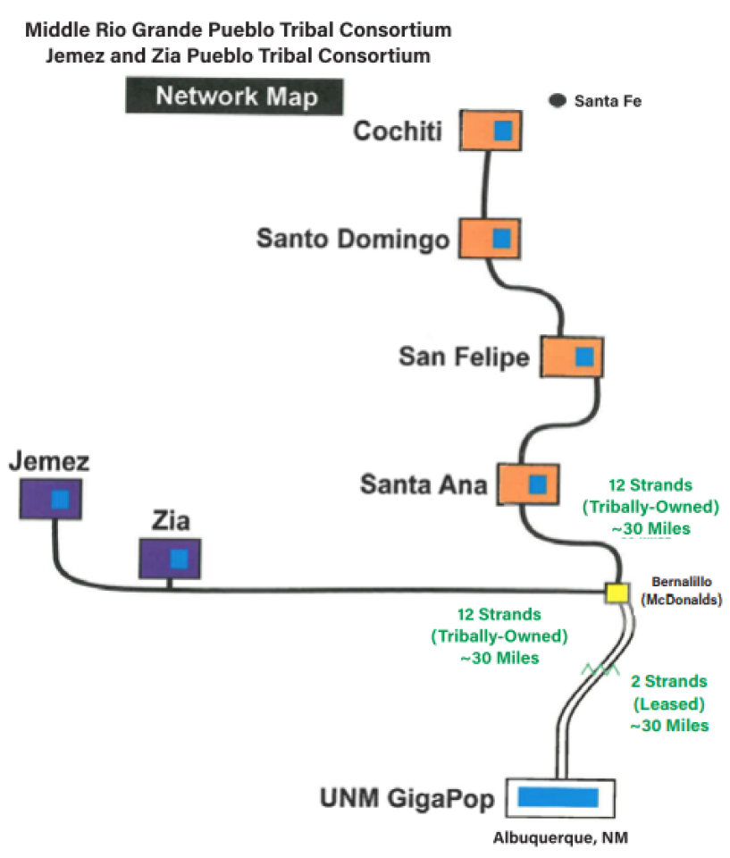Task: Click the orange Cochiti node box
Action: pos(491,130)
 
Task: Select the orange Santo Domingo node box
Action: pos(491,239)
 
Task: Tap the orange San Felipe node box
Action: pos(573,357)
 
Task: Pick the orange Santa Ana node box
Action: pos(528,484)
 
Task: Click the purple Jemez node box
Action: pos(52,499)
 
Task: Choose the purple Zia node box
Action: pos(170,559)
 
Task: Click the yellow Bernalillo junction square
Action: pos(616,593)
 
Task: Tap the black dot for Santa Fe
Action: pos(558,101)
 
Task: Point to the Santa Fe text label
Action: pos(608,101)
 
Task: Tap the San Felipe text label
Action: pos(464,357)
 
